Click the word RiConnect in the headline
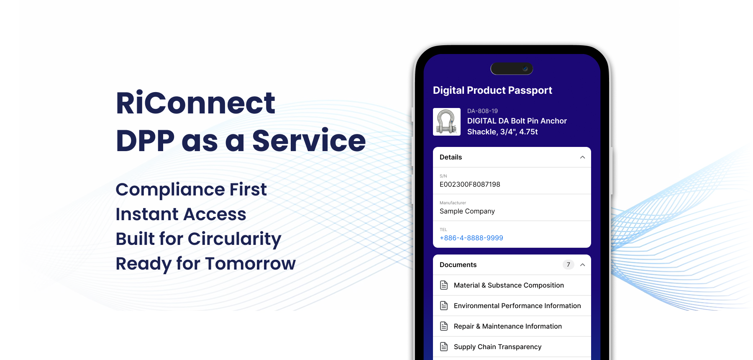click(x=195, y=103)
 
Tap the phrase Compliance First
click(x=191, y=190)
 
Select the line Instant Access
click(x=181, y=214)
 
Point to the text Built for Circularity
click(x=199, y=239)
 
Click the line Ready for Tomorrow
click(x=206, y=264)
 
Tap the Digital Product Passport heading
click(x=492, y=90)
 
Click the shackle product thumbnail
click(x=447, y=122)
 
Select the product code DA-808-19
click(x=482, y=111)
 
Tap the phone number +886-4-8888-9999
click(x=471, y=238)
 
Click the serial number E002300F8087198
click(x=470, y=184)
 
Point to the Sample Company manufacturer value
click(x=467, y=211)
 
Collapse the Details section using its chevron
click(x=582, y=157)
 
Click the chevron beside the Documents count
click(x=582, y=265)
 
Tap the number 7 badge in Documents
click(x=568, y=265)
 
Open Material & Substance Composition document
click(x=509, y=285)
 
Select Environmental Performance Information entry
click(x=517, y=306)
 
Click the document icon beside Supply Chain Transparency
click(x=444, y=347)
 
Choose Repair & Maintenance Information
click(x=508, y=326)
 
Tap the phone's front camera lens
click(x=525, y=69)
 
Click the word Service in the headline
click(x=309, y=141)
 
